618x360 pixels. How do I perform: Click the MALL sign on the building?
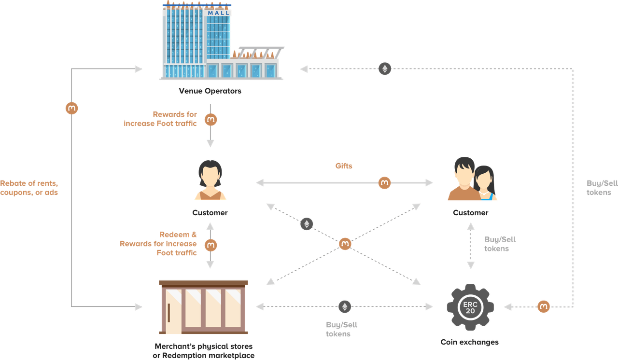(219, 13)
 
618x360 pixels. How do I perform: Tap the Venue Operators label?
(210, 91)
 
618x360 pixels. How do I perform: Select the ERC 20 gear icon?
(470, 307)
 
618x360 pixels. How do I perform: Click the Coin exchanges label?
(470, 342)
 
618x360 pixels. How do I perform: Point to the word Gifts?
(344, 166)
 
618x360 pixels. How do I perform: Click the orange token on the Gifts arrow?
(384, 183)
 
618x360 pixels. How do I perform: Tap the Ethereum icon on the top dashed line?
(385, 69)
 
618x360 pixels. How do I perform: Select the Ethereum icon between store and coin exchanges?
(345, 306)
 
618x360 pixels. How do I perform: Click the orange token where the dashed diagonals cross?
(345, 244)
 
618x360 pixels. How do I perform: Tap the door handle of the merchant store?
(169, 313)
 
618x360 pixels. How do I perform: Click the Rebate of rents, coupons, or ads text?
(29, 188)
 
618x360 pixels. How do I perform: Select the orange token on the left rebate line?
(72, 108)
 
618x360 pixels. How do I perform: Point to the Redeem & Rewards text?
(158, 244)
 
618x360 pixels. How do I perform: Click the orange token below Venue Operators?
(211, 120)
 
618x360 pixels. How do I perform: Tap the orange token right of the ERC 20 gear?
(544, 306)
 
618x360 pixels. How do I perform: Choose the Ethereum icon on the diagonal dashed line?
(307, 224)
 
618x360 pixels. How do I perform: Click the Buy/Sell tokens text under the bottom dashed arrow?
(341, 329)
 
